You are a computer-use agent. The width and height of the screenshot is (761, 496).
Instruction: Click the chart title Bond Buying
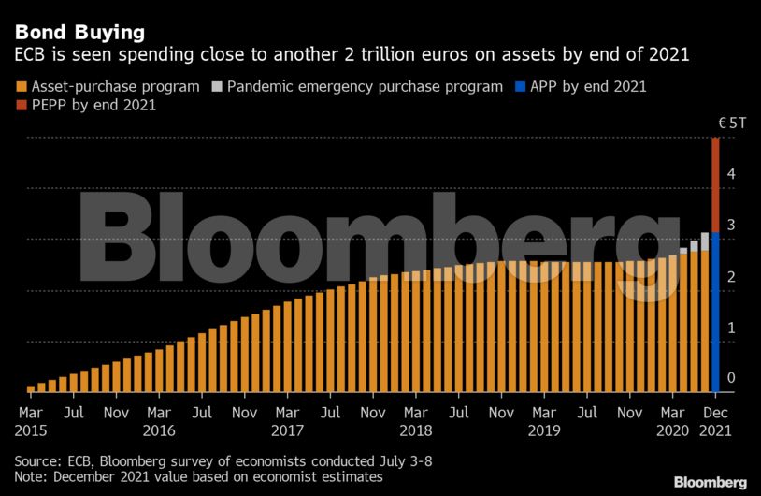tap(79, 32)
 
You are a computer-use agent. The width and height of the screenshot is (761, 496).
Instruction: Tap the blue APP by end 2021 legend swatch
tap(521, 87)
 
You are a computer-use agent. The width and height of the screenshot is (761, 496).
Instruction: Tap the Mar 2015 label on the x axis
tap(31, 420)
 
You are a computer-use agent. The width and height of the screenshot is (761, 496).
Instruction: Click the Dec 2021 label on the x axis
tap(716, 420)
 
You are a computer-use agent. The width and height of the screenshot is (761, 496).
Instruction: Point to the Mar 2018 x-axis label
tap(415, 420)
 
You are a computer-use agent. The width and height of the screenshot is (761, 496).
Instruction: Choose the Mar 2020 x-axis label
tap(671, 420)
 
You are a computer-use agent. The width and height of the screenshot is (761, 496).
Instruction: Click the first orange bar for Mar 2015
tap(31, 387)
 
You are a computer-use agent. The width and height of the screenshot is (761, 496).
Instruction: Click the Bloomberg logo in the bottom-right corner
tap(711, 482)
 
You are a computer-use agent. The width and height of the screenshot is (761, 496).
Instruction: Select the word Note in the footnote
tap(32, 476)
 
